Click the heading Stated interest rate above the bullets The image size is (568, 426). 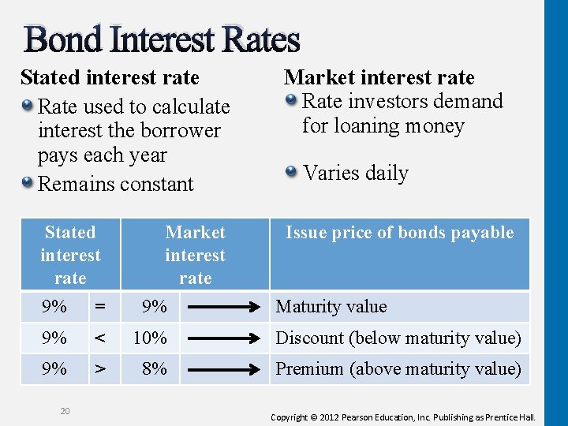coord(110,78)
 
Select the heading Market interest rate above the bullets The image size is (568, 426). coord(379,77)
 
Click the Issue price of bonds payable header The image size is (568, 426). coord(399,233)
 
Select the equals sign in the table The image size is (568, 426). coord(99,307)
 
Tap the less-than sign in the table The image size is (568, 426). coord(99,338)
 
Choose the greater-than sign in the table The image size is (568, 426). coord(99,368)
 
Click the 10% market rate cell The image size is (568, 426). coord(150,338)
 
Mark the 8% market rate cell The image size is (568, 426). coord(153,368)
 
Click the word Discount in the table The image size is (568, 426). coord(310,338)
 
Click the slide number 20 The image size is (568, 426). coord(65,410)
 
